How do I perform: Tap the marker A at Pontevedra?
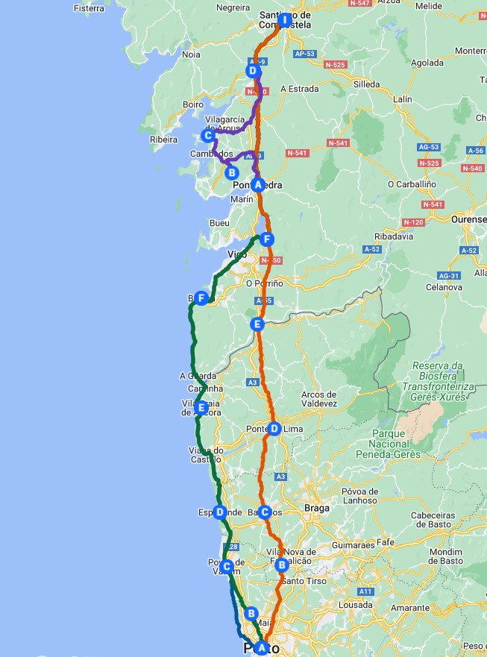click(258, 184)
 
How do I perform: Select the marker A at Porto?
click(261, 648)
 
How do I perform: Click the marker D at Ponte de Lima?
click(274, 429)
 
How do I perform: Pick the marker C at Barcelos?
click(264, 512)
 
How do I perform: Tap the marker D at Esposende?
click(219, 512)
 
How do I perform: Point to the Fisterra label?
click(89, 9)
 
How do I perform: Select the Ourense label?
click(468, 220)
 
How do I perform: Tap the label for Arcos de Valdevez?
click(318, 399)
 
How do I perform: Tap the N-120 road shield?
click(412, 222)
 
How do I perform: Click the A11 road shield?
click(365, 591)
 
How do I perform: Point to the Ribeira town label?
click(164, 139)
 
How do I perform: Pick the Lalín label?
click(402, 98)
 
